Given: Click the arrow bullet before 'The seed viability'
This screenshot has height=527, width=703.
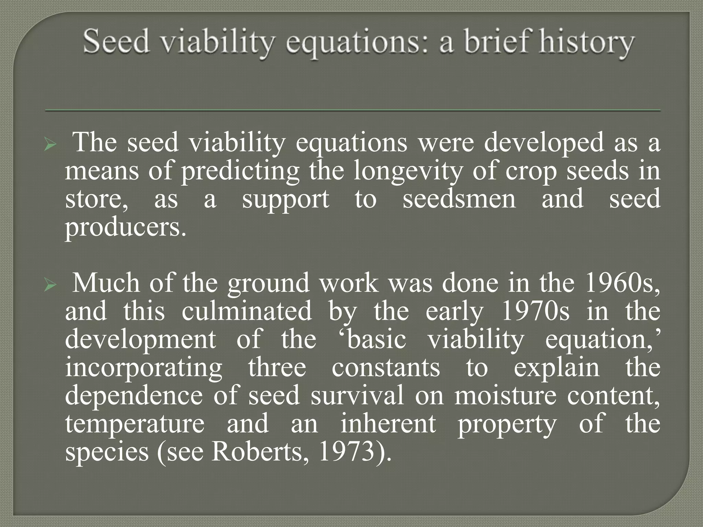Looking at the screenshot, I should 50,145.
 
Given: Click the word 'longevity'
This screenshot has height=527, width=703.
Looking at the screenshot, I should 407,172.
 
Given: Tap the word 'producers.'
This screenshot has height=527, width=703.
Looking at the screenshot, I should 126,228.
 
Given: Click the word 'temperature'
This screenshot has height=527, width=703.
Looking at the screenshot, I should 135,424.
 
